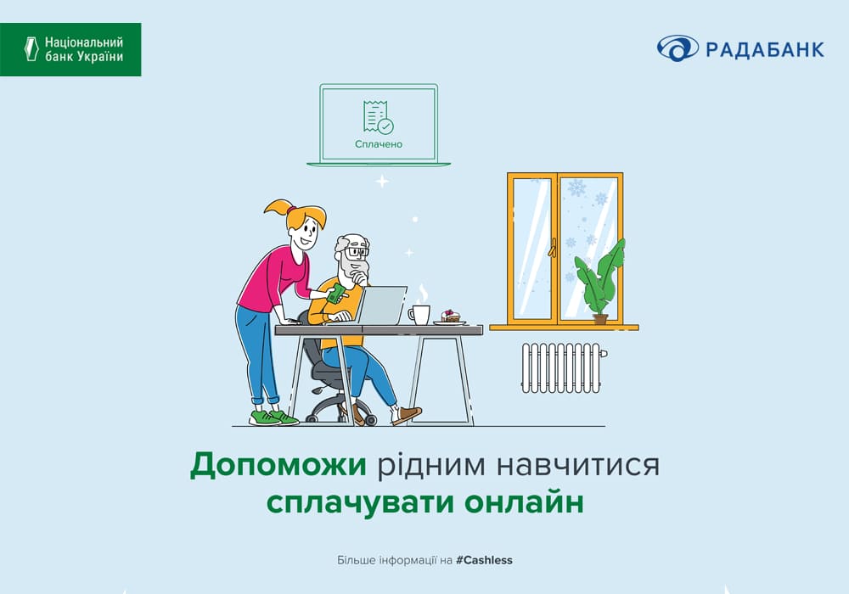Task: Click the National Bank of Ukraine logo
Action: pyautogui.click(x=70, y=49)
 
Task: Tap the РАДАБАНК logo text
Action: pyautogui.click(x=765, y=50)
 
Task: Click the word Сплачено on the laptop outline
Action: pyautogui.click(x=379, y=144)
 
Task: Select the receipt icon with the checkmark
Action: pyautogui.click(x=378, y=117)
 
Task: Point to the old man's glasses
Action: pyautogui.click(x=357, y=251)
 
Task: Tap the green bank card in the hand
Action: pyautogui.click(x=337, y=294)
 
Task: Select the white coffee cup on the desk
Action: pyautogui.click(x=419, y=314)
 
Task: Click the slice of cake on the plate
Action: pyautogui.click(x=451, y=316)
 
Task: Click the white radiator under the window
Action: pyautogui.click(x=563, y=367)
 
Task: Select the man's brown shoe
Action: pyautogui.click(x=406, y=416)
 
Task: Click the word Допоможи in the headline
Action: pyautogui.click(x=278, y=465)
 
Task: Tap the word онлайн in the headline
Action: pyautogui.click(x=524, y=502)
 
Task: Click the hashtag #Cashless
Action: pyautogui.click(x=484, y=560)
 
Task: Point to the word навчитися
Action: pyautogui.click(x=577, y=465)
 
